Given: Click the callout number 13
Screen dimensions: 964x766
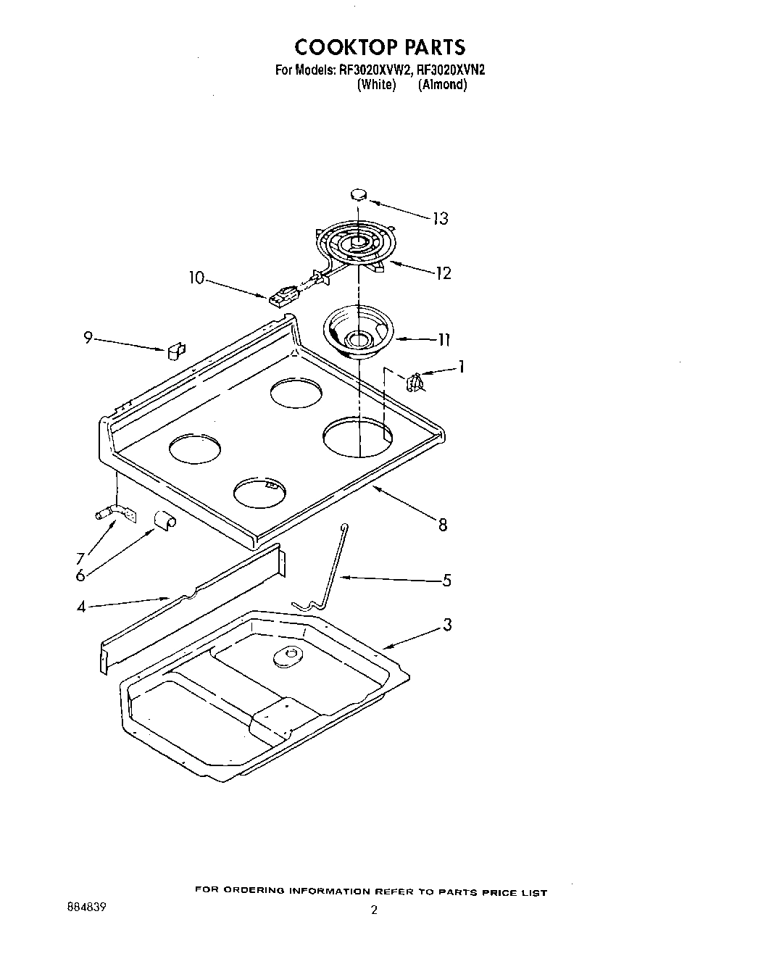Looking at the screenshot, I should (x=440, y=218).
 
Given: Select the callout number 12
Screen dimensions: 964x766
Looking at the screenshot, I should (x=443, y=273).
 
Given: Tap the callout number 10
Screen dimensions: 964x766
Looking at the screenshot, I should (x=197, y=278).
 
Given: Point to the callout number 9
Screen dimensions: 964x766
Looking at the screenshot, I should (x=88, y=337).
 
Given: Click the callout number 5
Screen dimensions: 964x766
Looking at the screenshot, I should (x=446, y=580).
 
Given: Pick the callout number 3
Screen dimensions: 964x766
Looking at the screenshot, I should (x=447, y=624).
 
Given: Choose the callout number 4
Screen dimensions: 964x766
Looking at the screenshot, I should (x=81, y=607).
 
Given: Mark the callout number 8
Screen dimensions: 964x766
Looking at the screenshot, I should (x=442, y=525).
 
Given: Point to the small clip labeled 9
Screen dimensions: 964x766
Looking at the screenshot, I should (x=175, y=351).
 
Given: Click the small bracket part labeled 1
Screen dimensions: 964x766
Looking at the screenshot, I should (x=415, y=381).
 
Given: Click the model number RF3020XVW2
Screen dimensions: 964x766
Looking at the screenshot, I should (x=375, y=71).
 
